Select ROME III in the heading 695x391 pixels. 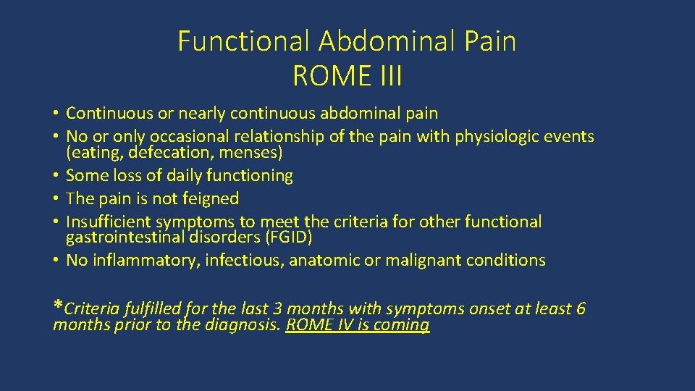347,75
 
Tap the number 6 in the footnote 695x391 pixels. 580,309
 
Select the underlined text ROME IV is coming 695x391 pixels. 358,325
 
